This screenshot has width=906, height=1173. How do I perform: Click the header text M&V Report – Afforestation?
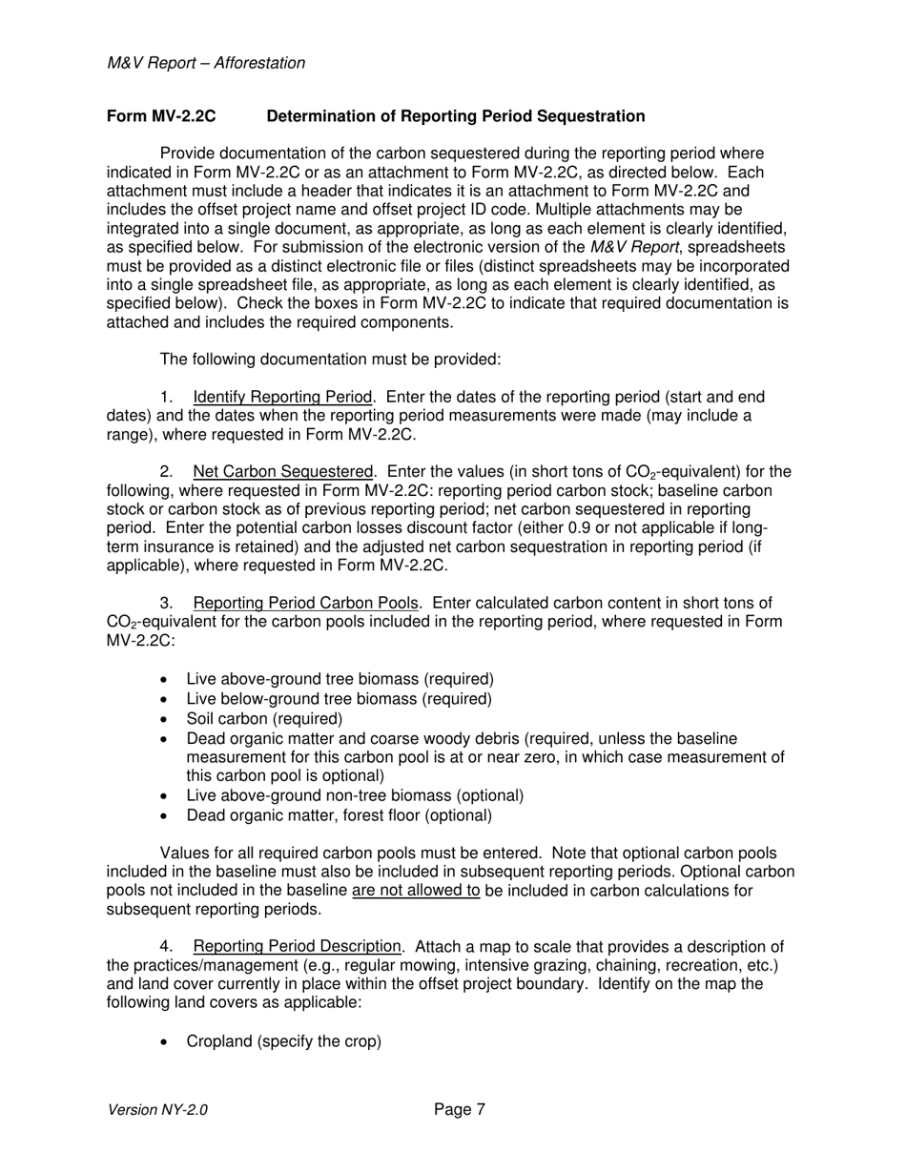(x=206, y=63)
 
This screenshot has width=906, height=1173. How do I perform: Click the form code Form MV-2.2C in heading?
(x=161, y=116)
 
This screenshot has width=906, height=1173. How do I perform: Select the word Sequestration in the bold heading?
(x=590, y=116)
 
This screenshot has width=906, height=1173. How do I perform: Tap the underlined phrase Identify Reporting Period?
(x=281, y=397)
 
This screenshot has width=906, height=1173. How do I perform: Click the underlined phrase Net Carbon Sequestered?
(x=282, y=471)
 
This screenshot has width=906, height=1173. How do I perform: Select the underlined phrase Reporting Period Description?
(x=297, y=946)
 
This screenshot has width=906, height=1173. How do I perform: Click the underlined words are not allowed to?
(x=415, y=891)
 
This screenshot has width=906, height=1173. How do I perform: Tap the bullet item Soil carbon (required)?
(x=264, y=718)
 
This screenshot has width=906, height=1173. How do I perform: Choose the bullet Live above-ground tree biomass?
(x=340, y=679)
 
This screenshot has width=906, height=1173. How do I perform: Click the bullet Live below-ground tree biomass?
(x=339, y=699)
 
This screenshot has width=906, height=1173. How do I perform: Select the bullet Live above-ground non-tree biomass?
(x=355, y=795)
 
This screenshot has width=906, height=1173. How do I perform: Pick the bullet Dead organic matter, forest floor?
(x=339, y=815)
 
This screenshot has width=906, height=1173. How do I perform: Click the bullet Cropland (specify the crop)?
(x=283, y=1041)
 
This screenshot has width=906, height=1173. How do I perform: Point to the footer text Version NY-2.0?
(x=157, y=1110)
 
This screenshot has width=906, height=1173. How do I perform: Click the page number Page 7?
(x=460, y=1109)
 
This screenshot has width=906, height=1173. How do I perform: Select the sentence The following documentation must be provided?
(x=330, y=360)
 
